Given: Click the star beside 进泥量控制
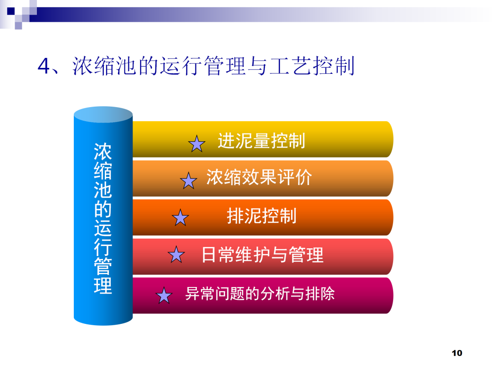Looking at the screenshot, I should coord(197,144).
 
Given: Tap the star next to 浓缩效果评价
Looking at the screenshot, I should coord(188,181).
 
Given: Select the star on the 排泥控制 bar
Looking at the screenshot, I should coord(180,218).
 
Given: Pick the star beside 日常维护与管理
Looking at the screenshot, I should coord(176,255).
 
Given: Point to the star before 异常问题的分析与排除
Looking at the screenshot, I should coord(164,296).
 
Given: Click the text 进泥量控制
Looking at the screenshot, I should coord(261,140).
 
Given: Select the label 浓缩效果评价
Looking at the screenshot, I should coord(259,177).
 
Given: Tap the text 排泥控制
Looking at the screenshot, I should coord(261,215).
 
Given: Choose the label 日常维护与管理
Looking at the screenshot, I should coord(262,255).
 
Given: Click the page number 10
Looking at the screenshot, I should coord(456,353).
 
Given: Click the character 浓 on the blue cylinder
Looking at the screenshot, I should coord(102,152).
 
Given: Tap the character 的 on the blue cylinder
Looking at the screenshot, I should coord(102,209).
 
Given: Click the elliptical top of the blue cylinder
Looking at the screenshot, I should coord(103,114).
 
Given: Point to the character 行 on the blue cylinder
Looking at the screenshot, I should coord(102,247).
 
